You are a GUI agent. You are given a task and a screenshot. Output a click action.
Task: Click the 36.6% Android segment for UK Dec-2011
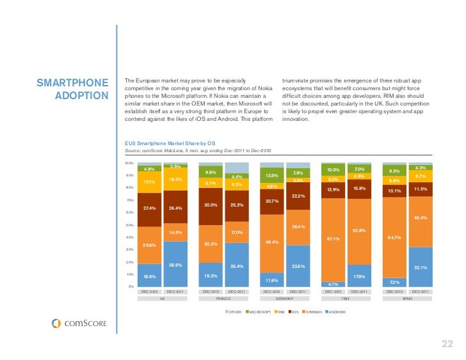(175, 264)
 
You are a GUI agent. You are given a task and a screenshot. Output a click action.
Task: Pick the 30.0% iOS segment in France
(211, 205)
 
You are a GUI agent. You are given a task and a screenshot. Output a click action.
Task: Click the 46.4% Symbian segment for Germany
(271, 242)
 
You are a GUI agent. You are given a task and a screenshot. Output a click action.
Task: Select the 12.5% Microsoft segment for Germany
(271, 176)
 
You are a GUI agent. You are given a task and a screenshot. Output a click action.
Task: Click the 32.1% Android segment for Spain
(420, 267)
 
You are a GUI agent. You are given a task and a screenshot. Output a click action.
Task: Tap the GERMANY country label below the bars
(284, 299)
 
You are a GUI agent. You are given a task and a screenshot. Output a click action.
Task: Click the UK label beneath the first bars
(162, 299)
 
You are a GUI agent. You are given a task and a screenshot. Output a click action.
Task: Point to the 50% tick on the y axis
(130, 224)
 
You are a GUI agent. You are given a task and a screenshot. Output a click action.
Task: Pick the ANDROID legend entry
(337, 311)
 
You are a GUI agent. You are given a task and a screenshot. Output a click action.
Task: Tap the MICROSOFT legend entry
(258, 311)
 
